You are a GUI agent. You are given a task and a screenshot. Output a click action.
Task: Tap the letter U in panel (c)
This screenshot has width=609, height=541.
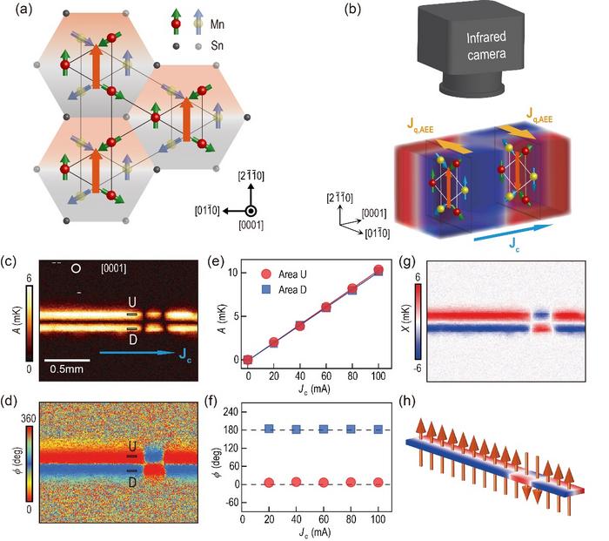click(131, 304)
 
